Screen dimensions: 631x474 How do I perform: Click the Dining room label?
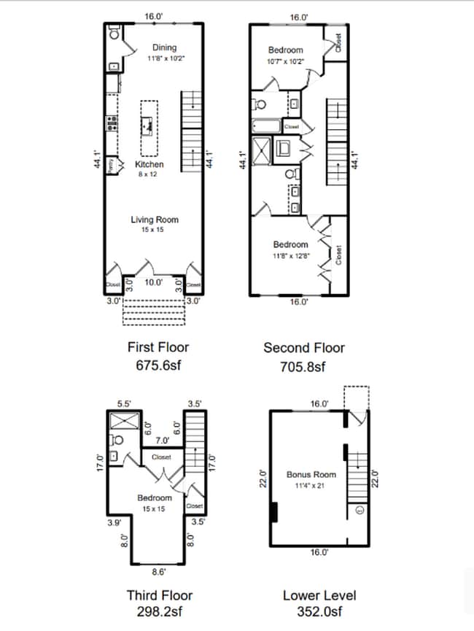click(x=164, y=47)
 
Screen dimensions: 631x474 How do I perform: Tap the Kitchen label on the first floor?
click(x=149, y=165)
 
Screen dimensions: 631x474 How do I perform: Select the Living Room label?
click(x=155, y=220)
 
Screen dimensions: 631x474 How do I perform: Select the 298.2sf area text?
click(x=154, y=612)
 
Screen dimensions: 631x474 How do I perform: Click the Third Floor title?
click(x=154, y=595)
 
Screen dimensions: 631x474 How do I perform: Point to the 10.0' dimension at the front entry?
click(x=153, y=282)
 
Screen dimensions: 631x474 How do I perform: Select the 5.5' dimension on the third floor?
click(x=124, y=403)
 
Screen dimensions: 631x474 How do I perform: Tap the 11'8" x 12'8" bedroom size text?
click(x=291, y=256)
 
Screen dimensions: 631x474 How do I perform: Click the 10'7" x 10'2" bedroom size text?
click(x=286, y=62)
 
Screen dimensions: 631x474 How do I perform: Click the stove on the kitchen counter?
click(x=112, y=123)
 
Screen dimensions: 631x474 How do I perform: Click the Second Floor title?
click(x=304, y=348)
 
